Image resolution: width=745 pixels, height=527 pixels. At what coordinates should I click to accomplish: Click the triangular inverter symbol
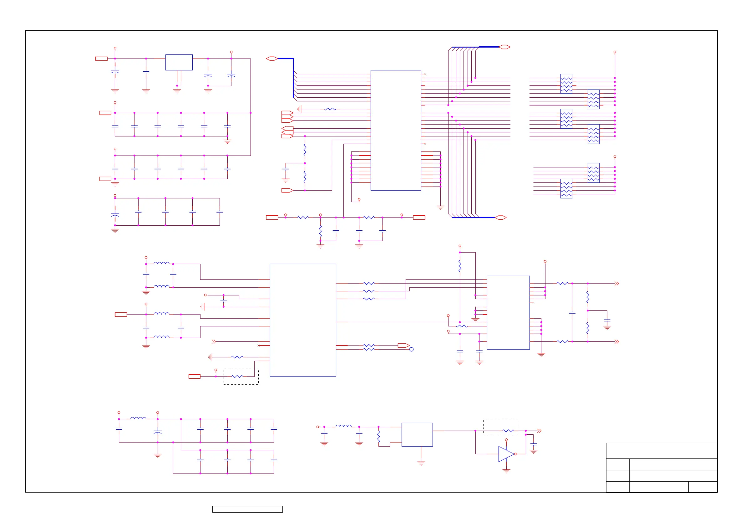tap(505, 454)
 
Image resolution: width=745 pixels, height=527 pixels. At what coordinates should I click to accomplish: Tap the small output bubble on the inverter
tap(515, 454)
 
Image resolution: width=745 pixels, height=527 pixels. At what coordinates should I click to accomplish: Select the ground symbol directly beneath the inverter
tap(506, 470)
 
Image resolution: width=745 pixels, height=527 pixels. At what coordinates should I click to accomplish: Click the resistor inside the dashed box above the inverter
tap(508, 431)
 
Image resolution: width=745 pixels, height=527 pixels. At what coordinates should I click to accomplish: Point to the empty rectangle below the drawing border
tap(247, 509)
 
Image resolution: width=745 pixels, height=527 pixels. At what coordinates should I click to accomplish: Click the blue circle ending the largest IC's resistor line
tap(411, 349)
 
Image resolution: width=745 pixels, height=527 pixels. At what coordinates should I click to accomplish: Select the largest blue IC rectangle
tap(303, 320)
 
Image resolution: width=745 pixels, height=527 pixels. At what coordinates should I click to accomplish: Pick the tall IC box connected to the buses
tap(396, 130)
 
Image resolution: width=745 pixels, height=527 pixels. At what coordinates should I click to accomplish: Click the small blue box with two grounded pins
tap(179, 62)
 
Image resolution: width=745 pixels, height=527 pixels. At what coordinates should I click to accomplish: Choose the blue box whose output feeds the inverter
tap(417, 434)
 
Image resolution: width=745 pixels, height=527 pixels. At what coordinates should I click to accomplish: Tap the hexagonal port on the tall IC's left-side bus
tap(272, 59)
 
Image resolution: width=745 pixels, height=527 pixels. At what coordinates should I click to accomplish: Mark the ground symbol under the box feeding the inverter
tap(421, 463)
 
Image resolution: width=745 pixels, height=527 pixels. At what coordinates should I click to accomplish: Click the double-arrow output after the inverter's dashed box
tap(539, 431)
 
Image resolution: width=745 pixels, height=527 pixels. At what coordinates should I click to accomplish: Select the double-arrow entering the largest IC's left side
tap(214, 342)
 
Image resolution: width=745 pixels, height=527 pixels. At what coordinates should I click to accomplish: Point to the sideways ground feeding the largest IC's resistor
tap(210, 357)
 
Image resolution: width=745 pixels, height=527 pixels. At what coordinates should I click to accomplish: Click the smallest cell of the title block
tap(703, 487)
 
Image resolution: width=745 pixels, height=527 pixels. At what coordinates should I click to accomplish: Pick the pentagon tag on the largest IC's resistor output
tap(403, 345)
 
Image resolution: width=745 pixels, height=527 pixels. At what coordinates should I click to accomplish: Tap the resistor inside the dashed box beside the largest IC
tap(237, 376)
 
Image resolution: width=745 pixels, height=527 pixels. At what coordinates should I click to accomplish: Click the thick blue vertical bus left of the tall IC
tap(293, 78)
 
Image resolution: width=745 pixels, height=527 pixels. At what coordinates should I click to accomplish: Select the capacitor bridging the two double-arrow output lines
tap(572, 313)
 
